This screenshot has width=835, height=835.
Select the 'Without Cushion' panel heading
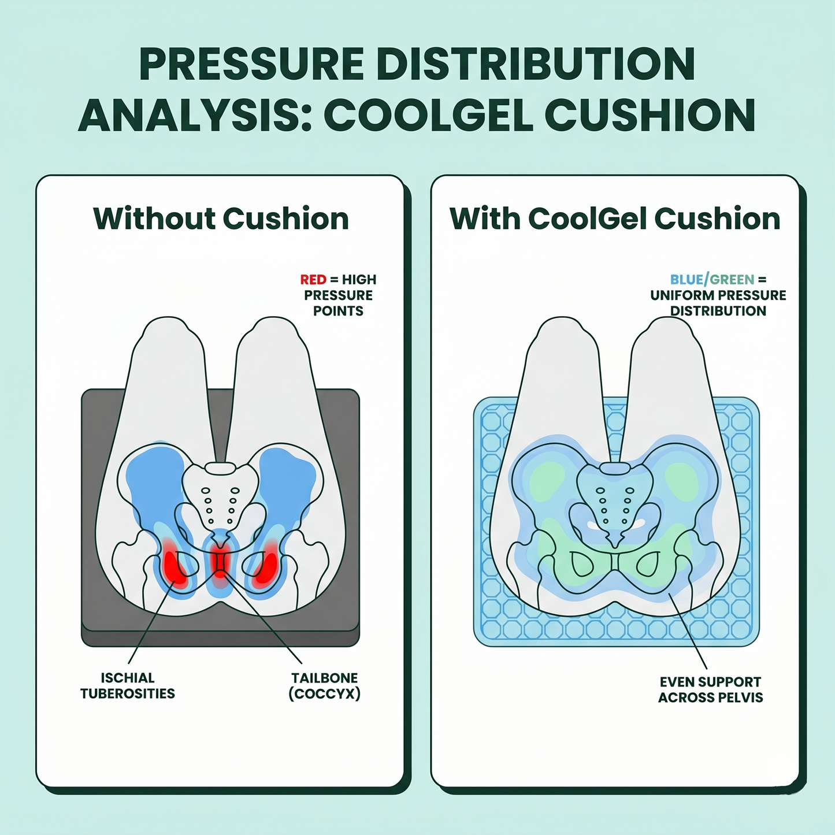coord(221,218)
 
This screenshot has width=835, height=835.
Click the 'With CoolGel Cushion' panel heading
coord(615,218)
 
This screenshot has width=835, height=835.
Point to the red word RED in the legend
coord(313,280)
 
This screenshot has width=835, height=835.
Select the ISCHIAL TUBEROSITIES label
coord(127,685)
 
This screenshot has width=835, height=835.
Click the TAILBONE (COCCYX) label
coord(325,686)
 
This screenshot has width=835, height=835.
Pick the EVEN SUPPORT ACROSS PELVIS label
coord(710,690)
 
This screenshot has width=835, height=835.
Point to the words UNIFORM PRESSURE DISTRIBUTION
coord(718,303)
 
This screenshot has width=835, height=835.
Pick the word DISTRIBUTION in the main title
coord(536,64)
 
